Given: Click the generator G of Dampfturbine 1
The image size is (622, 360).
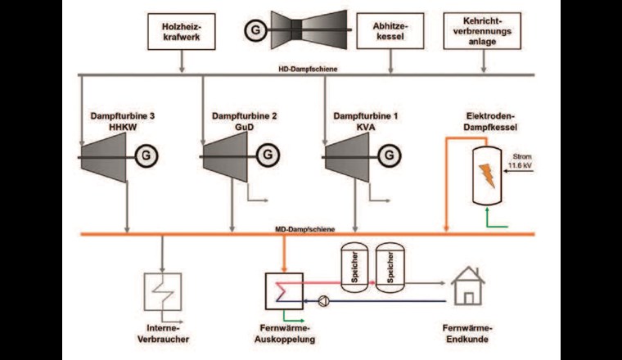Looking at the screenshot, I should coord(387,154).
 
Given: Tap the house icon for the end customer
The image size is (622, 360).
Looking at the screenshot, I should coord(468,284).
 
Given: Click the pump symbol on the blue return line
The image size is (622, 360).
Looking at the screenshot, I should coord(325,299).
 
